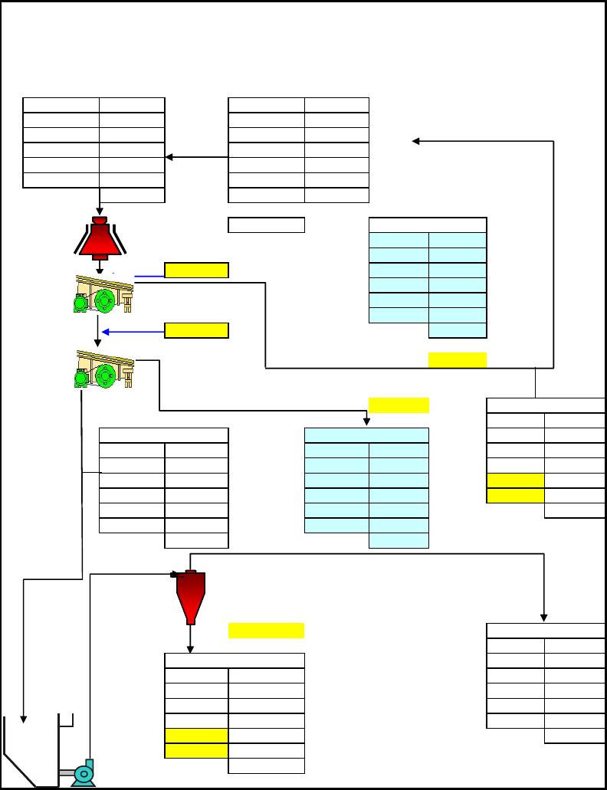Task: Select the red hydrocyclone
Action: [189, 596]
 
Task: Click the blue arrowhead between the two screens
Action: [106, 332]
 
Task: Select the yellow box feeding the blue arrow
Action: [196, 331]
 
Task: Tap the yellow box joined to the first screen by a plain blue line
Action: [196, 270]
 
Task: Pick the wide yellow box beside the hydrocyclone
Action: [266, 631]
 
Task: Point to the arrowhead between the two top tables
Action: [169, 157]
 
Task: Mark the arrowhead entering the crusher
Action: [100, 211]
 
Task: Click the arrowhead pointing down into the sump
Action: [24, 719]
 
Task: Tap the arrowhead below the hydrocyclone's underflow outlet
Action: [190, 649]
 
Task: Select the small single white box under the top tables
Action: [266, 225]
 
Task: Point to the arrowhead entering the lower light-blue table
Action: [367, 423]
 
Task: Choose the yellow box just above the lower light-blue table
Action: [399, 405]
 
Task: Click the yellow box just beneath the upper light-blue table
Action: [457, 360]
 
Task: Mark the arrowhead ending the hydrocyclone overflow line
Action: [545, 618]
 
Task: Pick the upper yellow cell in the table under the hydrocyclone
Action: [196, 736]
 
